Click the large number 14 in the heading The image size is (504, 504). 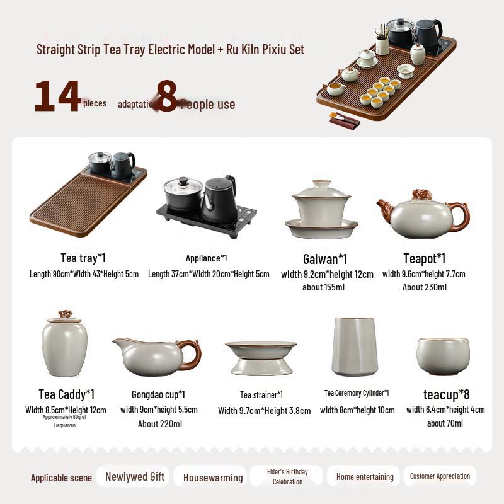(57, 96)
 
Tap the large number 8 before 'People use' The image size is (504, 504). (166, 96)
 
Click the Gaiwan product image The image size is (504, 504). (321, 209)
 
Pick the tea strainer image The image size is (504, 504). (261, 357)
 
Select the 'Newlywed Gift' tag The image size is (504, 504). (134, 477)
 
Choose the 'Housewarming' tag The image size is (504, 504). (213, 478)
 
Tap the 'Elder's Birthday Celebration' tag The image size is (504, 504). (287, 477)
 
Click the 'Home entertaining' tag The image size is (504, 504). (365, 477)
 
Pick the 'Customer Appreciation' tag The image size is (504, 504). (440, 476)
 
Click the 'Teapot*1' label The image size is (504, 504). (424, 259)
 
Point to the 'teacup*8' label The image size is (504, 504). (446, 395)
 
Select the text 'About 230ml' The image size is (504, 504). (424, 287)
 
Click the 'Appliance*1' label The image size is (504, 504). (206, 258)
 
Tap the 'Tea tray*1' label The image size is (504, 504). (83, 258)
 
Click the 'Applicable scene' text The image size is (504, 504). (61, 478)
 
